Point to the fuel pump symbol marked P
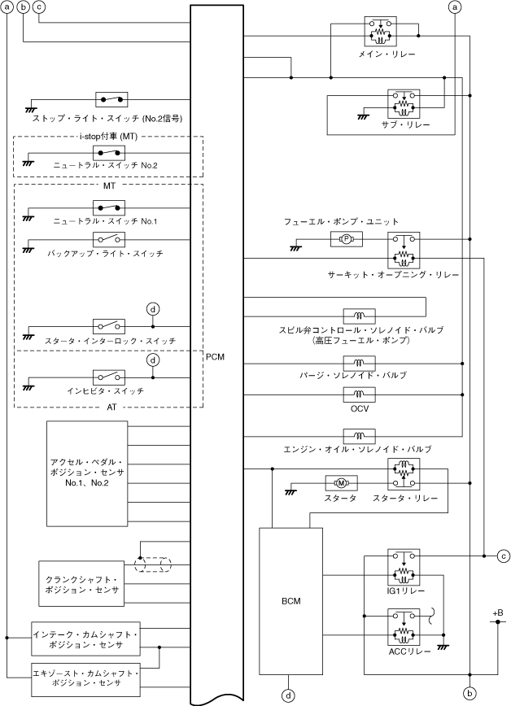tap(345, 239)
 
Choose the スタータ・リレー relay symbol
tap(404, 476)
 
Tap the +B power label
tap(497, 612)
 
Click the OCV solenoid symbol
tap(359, 395)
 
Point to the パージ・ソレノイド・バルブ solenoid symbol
tap(359, 363)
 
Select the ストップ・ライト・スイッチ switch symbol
tap(111, 99)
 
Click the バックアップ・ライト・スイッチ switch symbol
tap(109, 239)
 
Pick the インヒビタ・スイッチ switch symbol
tap(109, 377)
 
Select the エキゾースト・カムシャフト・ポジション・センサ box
tap(85, 678)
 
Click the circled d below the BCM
tap(288, 695)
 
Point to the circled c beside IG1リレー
tap(504, 556)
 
